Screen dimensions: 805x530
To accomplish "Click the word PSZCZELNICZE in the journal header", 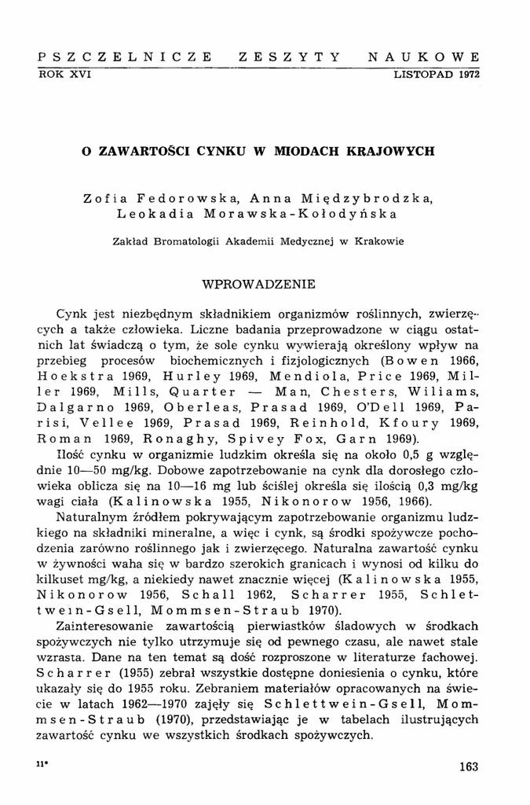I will [125, 57].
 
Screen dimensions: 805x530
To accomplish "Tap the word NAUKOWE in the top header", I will [425, 57].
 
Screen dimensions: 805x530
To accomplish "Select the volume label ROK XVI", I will [66, 74].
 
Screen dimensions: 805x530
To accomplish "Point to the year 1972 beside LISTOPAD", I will [466, 74].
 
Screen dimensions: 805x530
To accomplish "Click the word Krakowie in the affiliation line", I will [380, 241].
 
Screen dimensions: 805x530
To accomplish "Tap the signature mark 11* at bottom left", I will [42, 764].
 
